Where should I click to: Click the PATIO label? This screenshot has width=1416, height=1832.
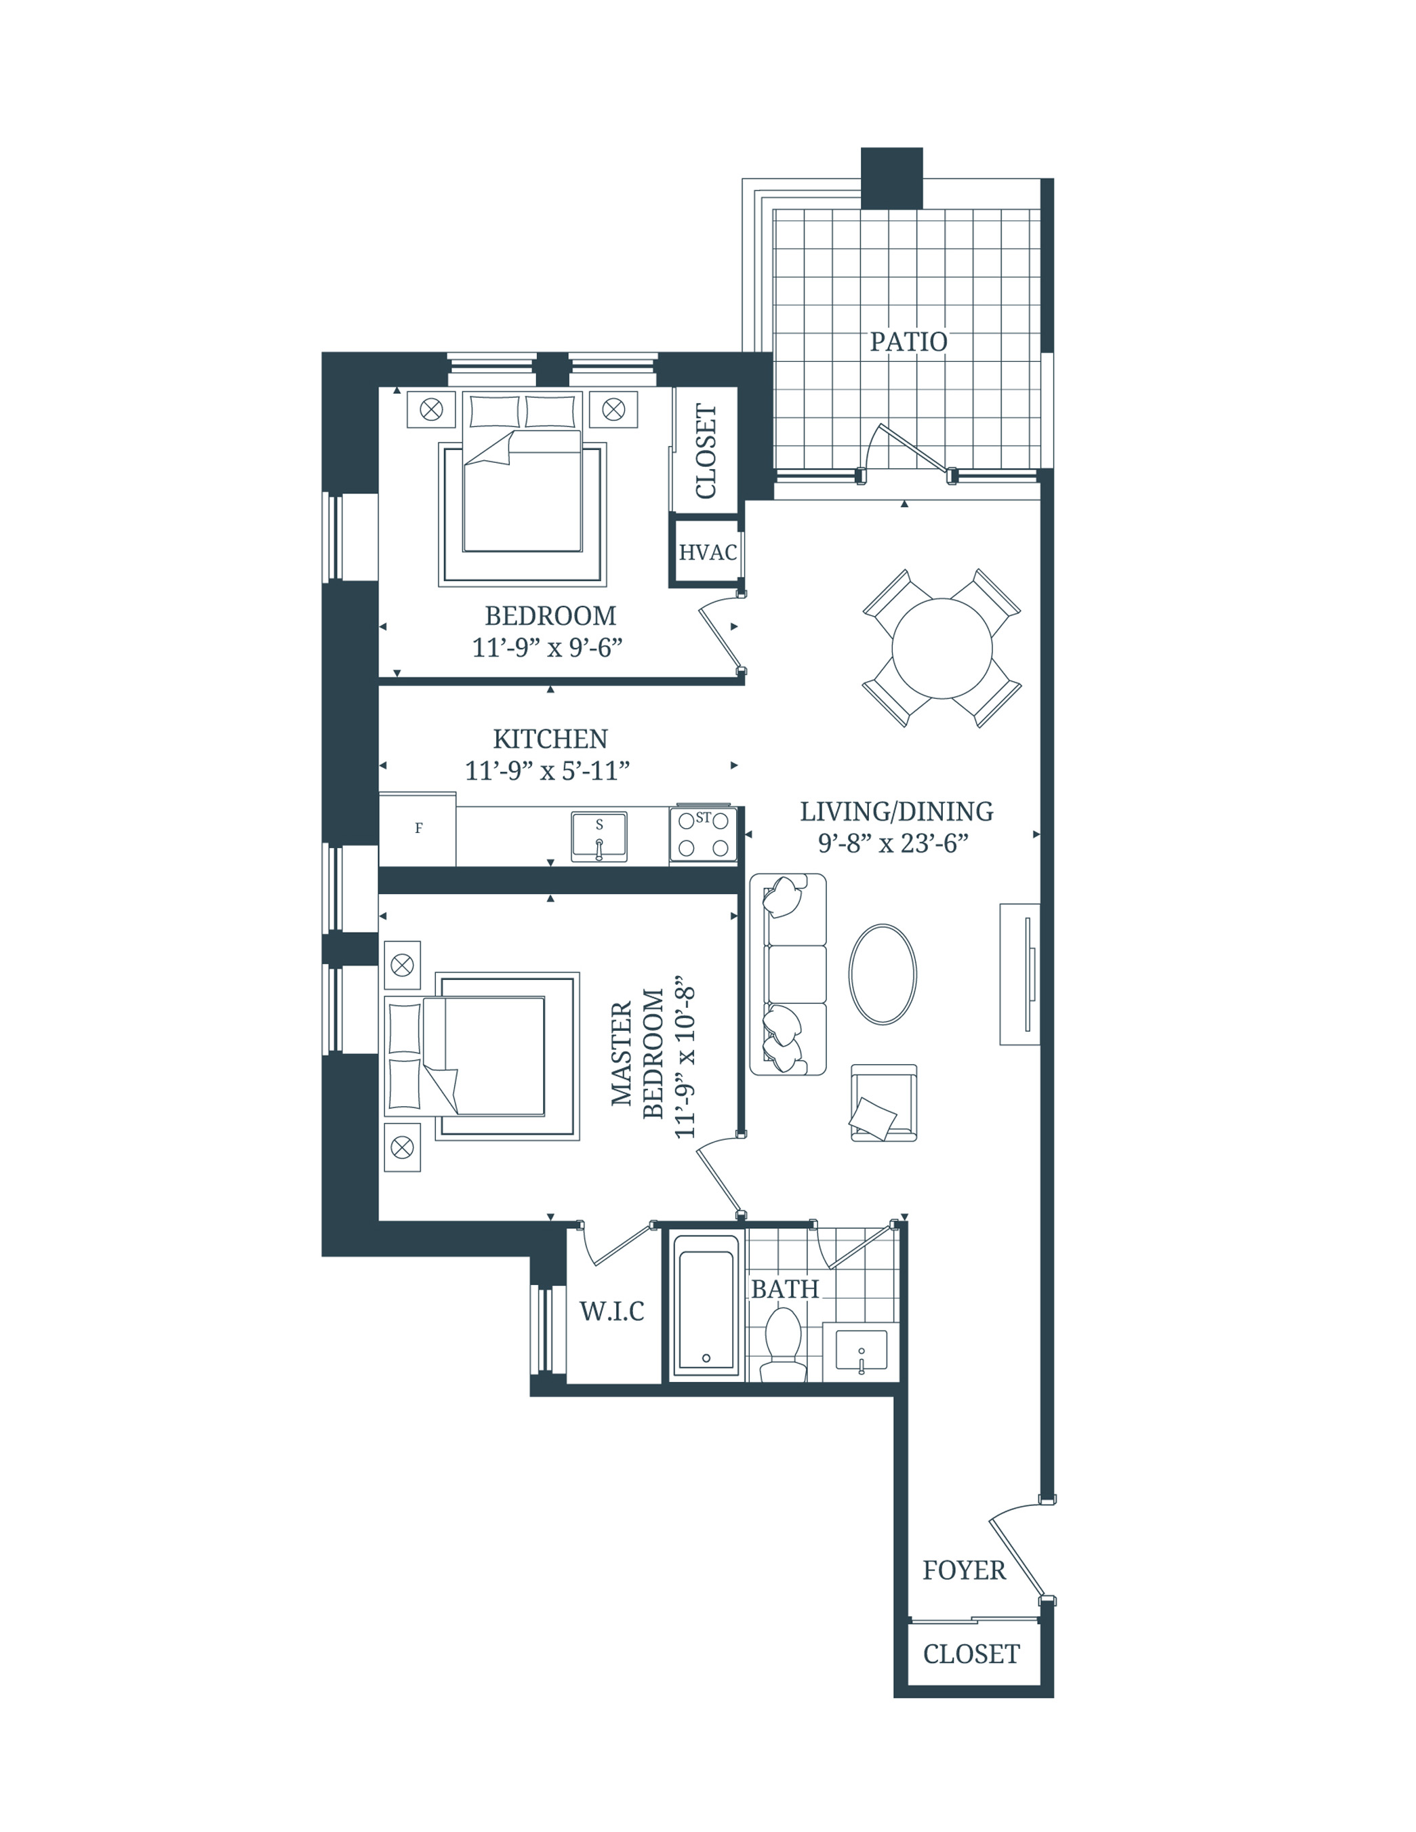coord(908,342)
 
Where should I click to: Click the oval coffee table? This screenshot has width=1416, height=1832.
coord(883,974)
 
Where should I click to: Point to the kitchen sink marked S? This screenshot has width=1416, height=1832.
coord(599,837)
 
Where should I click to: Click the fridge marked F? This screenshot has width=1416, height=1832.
coord(418,829)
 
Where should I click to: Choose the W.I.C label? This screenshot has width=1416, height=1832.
coord(611,1311)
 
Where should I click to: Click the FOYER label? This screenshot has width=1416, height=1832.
coord(964,1570)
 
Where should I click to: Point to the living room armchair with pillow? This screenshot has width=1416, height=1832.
coord(883,1103)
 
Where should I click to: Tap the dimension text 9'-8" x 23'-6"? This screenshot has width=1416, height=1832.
coord(893,843)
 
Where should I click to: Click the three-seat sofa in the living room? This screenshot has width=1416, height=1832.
coord(788,974)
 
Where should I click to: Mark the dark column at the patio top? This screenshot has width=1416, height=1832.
coord(892,178)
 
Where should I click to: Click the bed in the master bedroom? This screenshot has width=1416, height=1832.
coord(483,1056)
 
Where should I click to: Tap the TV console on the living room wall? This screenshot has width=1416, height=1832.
coord(1020,974)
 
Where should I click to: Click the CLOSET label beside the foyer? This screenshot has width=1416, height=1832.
coord(971,1654)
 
